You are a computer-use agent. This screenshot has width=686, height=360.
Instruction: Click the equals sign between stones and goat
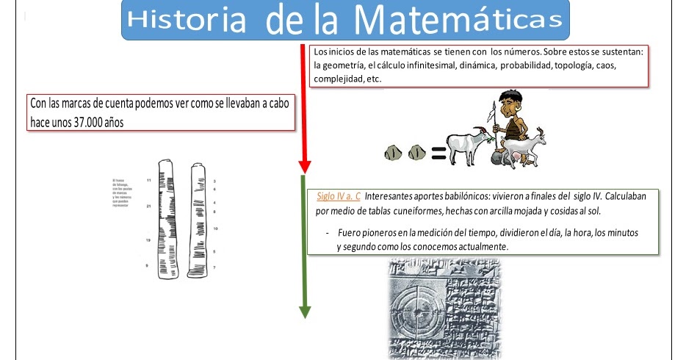pos(438,154)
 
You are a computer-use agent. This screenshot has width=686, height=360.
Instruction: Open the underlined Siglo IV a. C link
pos(339,197)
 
